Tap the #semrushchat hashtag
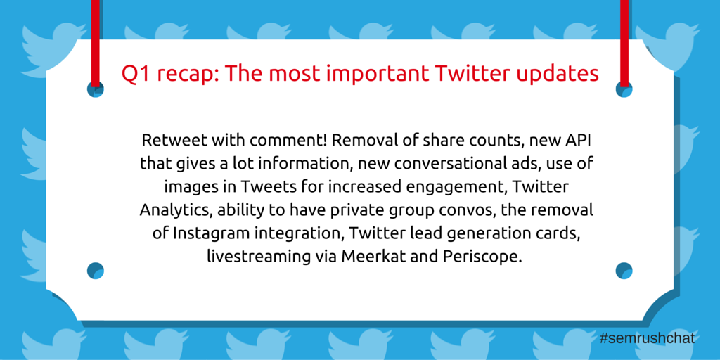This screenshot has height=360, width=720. point(647,339)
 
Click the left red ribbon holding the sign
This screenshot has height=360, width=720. point(95,43)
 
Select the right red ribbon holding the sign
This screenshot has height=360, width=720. point(624,43)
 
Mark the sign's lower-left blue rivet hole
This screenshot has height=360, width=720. point(96,271)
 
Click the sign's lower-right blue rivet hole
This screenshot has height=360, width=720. point(624,271)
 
